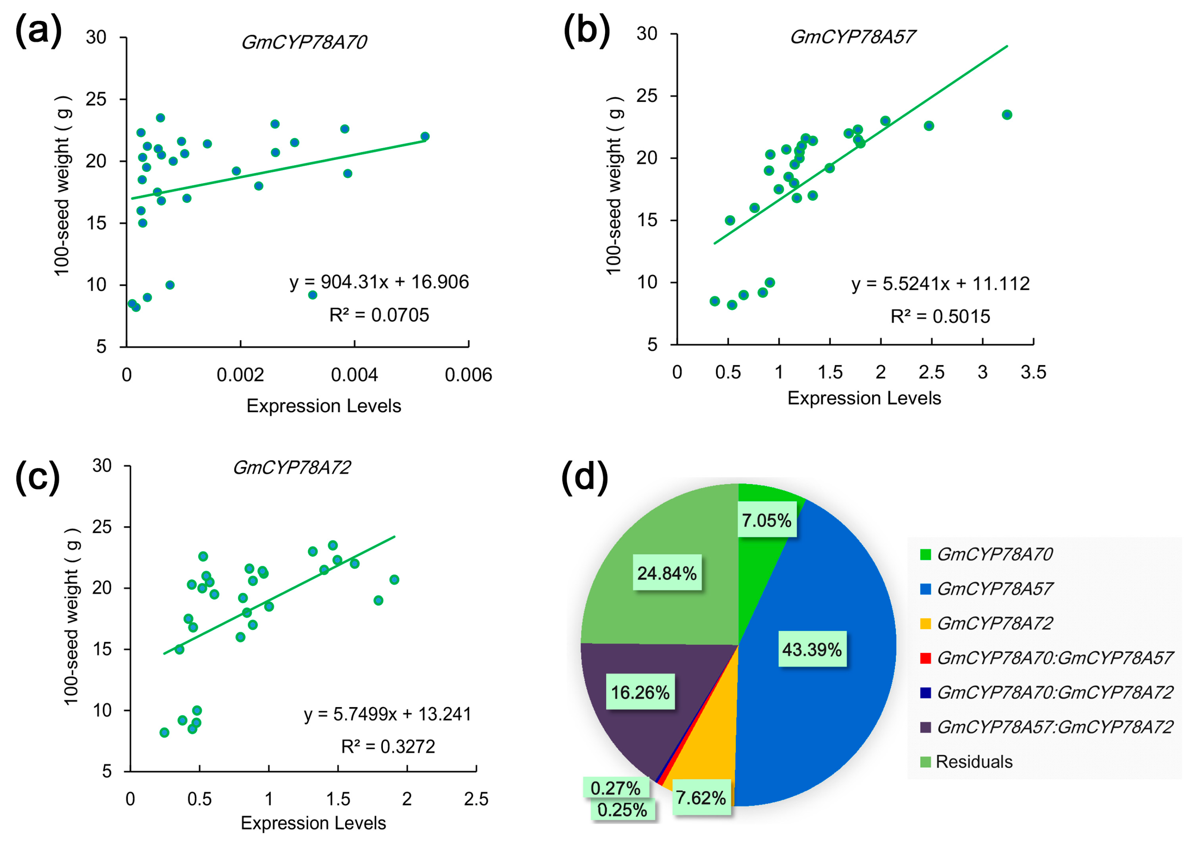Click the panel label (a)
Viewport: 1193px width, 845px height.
point(38,31)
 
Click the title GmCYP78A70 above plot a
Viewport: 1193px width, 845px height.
point(304,42)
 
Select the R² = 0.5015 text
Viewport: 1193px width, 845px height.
point(940,316)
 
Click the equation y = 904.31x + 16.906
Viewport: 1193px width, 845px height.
point(379,282)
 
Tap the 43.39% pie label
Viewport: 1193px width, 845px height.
point(812,649)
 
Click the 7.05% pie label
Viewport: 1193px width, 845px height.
point(766,520)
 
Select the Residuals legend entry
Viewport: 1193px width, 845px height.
point(974,762)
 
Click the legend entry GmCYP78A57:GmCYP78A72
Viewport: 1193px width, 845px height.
point(1055,727)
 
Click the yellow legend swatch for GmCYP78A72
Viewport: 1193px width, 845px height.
point(925,623)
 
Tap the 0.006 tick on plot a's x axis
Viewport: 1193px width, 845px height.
point(468,375)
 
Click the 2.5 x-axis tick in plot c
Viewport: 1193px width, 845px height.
point(476,799)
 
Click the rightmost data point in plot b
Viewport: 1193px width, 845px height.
point(1006,115)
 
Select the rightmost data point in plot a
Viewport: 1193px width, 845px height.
point(425,136)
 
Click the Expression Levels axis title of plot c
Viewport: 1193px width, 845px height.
point(313,823)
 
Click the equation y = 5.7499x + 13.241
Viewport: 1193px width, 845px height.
point(387,714)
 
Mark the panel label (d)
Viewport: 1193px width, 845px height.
point(584,477)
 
